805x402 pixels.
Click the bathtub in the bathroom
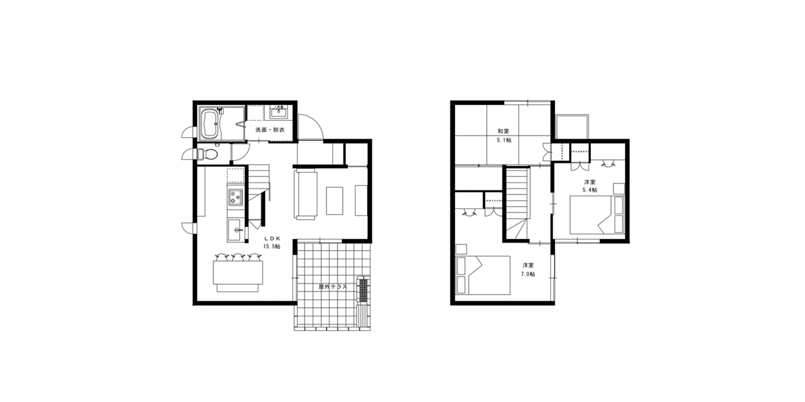pyautogui.click(x=209, y=124)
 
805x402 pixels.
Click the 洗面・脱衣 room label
pyautogui.click(x=270, y=130)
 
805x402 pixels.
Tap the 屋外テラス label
pyautogui.click(x=333, y=287)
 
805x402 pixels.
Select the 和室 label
pyautogui.click(x=503, y=131)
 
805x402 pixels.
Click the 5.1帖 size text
pyautogui.click(x=504, y=140)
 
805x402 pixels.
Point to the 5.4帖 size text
pyautogui.click(x=589, y=190)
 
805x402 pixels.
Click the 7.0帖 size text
pyautogui.click(x=528, y=274)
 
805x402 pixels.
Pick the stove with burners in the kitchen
pyautogui.click(x=235, y=197)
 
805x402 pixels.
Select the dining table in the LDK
pyautogui.click(x=238, y=272)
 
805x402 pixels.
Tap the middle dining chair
pyautogui.click(x=238, y=257)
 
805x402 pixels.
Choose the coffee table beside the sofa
pyautogui.click(x=334, y=201)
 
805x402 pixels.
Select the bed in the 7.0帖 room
pyautogui.click(x=483, y=275)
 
